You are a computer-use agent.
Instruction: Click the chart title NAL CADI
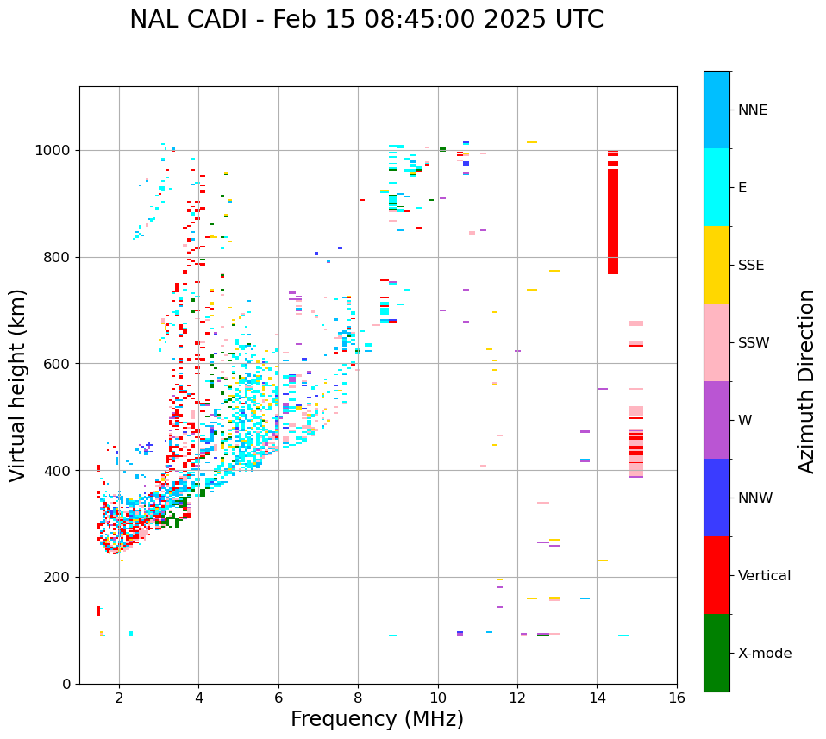click(185, 20)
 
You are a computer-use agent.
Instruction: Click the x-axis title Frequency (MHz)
click(377, 719)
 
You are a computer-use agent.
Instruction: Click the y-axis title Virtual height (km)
click(18, 385)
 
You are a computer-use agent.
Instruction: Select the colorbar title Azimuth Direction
click(806, 381)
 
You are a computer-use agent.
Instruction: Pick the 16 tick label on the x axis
click(677, 698)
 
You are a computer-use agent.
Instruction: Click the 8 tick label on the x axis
click(358, 698)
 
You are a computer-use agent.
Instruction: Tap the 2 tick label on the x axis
click(119, 698)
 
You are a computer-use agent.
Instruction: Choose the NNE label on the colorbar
click(753, 110)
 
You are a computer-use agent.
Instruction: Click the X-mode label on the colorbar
click(765, 654)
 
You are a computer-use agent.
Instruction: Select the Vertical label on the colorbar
click(765, 576)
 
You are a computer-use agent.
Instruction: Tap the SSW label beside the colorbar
click(754, 343)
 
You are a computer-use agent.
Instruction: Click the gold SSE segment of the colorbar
click(716, 265)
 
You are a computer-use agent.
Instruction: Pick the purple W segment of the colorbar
click(716, 420)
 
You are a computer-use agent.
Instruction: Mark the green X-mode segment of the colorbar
click(716, 653)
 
